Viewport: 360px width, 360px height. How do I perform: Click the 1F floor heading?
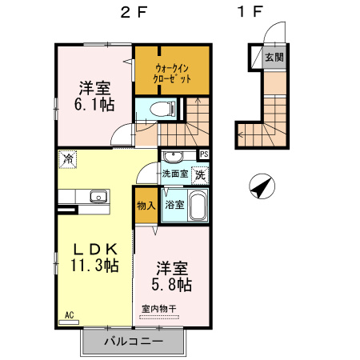pos(250,13)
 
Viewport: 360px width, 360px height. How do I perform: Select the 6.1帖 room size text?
pos(94,104)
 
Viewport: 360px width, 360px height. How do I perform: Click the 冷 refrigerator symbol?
pos(69,159)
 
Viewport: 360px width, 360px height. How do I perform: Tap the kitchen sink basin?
pos(99,196)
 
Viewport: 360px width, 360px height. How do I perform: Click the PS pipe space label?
pos(204,155)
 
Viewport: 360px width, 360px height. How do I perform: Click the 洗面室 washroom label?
pos(174,174)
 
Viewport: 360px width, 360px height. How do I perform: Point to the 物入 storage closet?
pos(145,205)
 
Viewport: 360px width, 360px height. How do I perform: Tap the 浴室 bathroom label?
pos(174,205)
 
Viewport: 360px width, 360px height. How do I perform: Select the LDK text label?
pos(91,249)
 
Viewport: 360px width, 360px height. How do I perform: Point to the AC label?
pos(69,315)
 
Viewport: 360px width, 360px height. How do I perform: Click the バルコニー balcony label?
pos(134,342)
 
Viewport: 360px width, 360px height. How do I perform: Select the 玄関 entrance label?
pos(274,58)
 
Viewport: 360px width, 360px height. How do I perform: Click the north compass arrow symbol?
pos(261,188)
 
